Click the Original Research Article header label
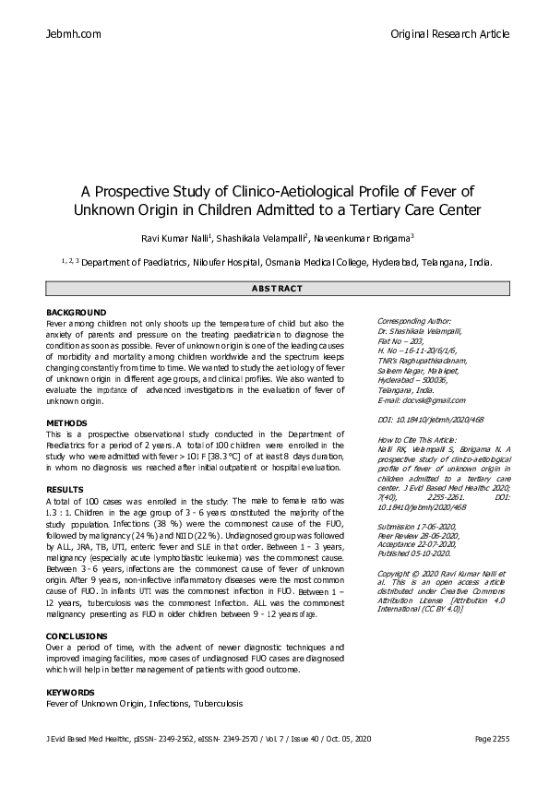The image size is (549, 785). [449, 34]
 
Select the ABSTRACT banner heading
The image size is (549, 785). [277, 289]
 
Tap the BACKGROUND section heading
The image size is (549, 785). [76, 313]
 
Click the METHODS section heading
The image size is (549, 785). [66, 422]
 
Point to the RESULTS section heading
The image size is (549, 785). [65, 489]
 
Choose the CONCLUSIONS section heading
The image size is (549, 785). [77, 636]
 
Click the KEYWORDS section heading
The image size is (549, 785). [70, 692]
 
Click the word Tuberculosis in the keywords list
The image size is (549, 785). [218, 704]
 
